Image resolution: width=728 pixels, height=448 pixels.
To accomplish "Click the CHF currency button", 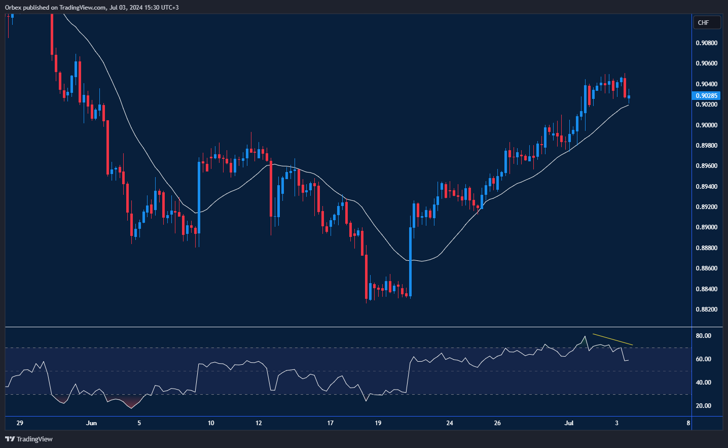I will tap(706, 23).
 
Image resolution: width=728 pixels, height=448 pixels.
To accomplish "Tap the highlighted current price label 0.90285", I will tap(706, 96).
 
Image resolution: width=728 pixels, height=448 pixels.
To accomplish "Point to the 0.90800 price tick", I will tap(706, 43).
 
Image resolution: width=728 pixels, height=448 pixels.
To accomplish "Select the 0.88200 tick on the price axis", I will tap(706, 309).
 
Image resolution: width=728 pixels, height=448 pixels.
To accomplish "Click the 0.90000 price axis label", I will tap(706, 125).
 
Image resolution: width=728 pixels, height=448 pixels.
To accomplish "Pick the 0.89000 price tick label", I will tap(706, 227).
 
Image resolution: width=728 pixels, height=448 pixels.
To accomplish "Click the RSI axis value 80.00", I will tap(703, 336).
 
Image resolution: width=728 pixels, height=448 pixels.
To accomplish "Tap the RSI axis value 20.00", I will tap(703, 406).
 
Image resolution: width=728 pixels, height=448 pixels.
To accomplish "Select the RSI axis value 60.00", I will tap(703, 359).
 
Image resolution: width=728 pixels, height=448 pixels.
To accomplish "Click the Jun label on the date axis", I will tap(91, 423).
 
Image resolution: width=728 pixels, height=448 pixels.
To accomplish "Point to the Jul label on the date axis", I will tap(569, 423).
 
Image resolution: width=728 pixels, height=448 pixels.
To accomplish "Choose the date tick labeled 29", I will tap(20, 423).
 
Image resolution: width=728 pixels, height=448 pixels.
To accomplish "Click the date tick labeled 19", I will tap(378, 423).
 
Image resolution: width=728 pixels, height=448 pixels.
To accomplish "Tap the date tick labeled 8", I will tap(688, 423).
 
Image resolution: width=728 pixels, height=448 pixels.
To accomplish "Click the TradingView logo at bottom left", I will tap(29, 439).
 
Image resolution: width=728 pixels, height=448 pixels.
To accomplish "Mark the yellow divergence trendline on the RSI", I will tap(612, 339).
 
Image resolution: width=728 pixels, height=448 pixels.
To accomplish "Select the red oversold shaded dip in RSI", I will tap(131, 404).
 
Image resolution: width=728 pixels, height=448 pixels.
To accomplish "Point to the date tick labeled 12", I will tap(259, 423).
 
